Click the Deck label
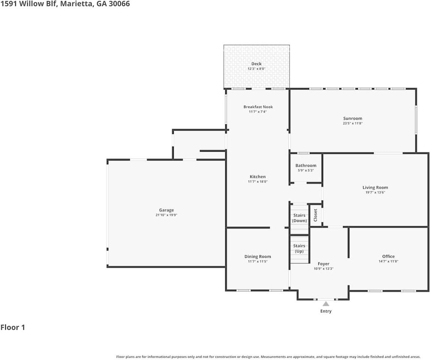point(256,64)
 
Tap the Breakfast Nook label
point(258,107)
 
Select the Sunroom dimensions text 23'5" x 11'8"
point(353,123)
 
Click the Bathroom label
point(306,165)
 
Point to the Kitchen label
point(258,177)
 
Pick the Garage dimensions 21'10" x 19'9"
point(166,215)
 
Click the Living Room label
point(375,187)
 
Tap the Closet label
point(315,215)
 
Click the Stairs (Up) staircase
point(300,249)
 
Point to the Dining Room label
point(258,256)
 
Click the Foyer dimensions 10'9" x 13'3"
point(324,268)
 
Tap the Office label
point(388,256)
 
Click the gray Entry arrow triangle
point(326,304)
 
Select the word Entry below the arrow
point(326,311)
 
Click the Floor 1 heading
point(13,327)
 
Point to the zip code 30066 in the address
point(119,4)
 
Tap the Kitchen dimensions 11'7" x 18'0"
point(258,181)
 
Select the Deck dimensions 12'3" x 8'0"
point(256,69)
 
